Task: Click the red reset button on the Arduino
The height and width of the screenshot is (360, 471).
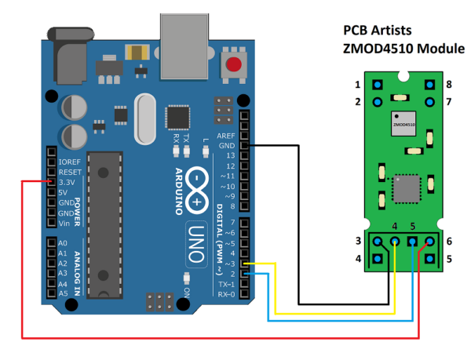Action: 232,65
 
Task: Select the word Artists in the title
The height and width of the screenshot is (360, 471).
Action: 389,31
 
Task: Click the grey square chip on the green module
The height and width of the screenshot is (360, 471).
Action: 406,187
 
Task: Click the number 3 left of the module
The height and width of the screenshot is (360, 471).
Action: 357,240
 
